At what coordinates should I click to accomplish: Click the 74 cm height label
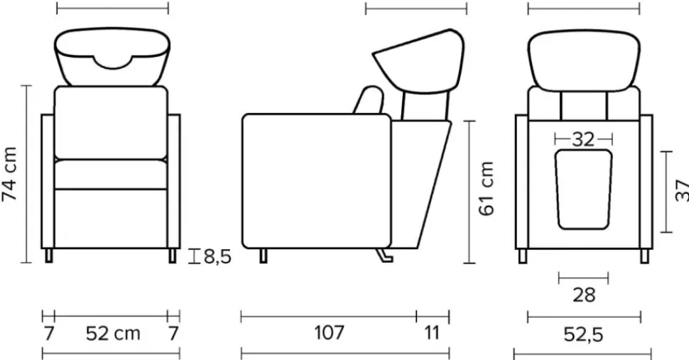coord(10,174)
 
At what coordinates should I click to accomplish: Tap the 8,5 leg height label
coord(217,256)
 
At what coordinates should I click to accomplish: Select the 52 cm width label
coord(113,334)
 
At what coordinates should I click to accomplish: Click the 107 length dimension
coord(329,332)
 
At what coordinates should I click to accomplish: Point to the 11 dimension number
coord(433,333)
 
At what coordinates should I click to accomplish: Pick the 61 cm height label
coord(487,189)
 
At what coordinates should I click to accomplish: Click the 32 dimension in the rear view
coord(583,140)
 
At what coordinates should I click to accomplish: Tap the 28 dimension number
coord(584,295)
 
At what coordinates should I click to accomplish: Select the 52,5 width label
coord(584,334)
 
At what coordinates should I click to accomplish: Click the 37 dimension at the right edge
coord(682,190)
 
